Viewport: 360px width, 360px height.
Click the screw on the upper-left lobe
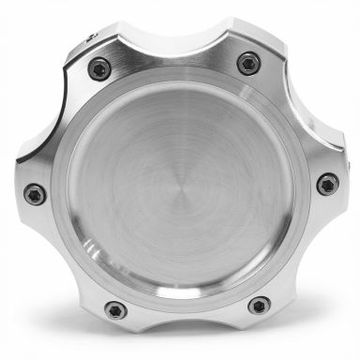click(98, 67)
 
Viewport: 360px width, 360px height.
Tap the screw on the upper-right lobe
click(247, 64)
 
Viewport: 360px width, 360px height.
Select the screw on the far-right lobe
click(327, 184)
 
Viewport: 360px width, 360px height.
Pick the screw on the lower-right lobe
click(259, 305)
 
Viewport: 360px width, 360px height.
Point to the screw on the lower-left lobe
click(114, 308)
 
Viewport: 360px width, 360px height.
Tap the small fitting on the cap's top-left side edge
click(90, 37)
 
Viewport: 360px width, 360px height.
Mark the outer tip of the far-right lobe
click(342, 184)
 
